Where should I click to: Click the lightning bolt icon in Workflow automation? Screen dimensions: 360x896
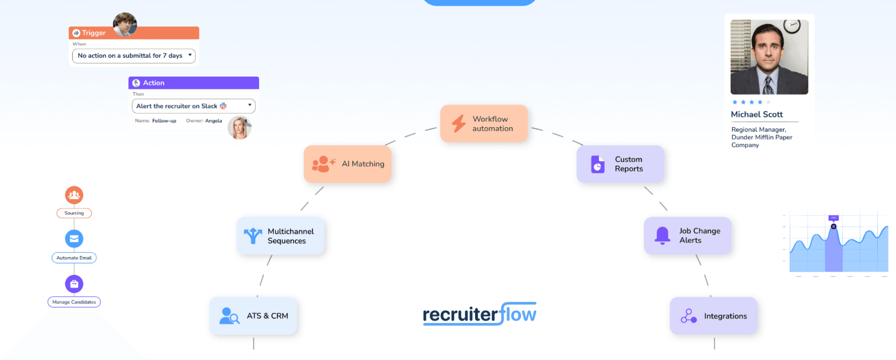point(459,123)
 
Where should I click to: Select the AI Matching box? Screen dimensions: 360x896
point(347,164)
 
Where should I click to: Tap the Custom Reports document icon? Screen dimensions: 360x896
point(597,164)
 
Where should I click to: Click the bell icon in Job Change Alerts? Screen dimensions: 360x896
point(662,235)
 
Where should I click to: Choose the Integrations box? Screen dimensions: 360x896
point(713,316)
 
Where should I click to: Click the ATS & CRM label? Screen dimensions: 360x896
point(267,316)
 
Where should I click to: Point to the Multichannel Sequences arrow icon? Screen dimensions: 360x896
point(253,236)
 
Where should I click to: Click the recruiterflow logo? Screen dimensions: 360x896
point(479,314)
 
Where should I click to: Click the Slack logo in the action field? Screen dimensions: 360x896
point(223,106)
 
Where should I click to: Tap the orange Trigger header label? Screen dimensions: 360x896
point(94,33)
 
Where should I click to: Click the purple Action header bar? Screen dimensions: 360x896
point(194,83)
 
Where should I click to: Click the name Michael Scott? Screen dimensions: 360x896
point(757,114)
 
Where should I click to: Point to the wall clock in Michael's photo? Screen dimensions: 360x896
point(792,26)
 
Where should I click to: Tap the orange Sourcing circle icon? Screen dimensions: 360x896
point(74,195)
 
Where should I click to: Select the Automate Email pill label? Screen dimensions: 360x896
point(74,258)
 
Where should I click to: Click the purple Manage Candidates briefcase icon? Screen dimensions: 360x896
point(74,284)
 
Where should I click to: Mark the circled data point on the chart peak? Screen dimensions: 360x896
point(833,226)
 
